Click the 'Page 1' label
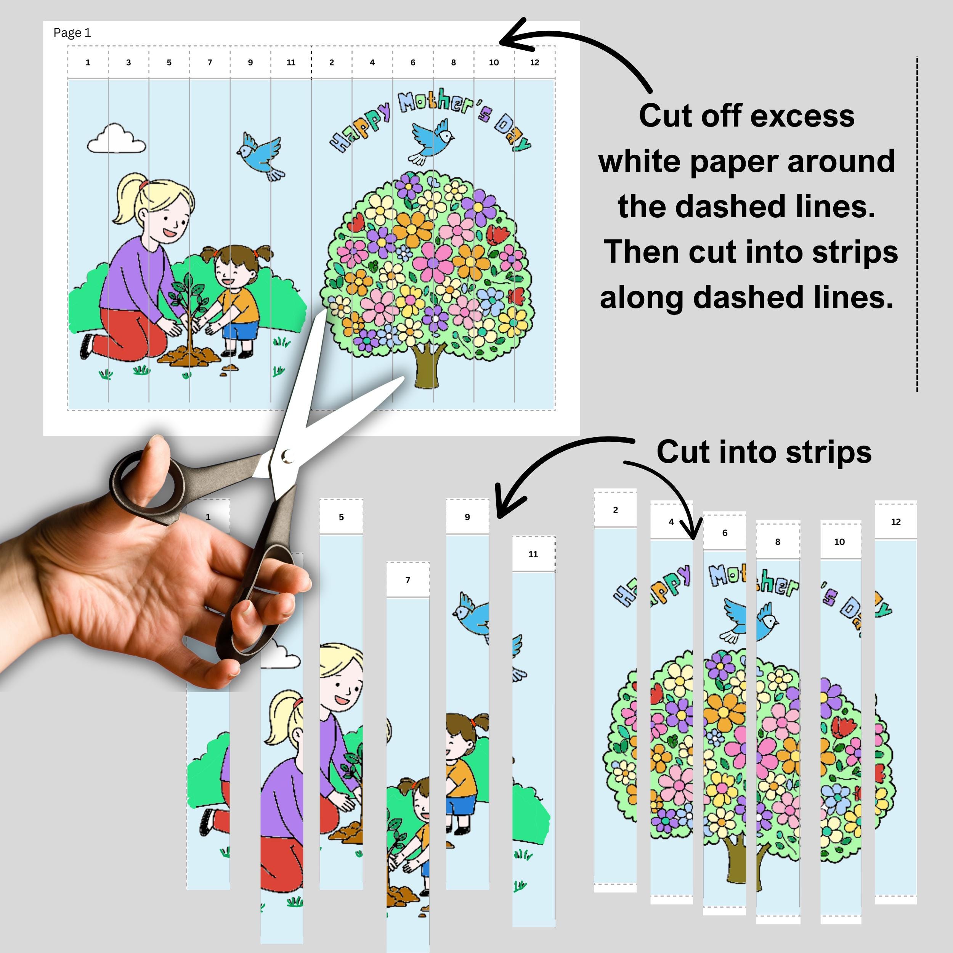coord(72,33)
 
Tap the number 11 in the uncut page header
coord(290,63)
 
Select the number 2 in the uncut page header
coord(332,63)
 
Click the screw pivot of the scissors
coord(287,456)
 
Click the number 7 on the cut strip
coord(408,580)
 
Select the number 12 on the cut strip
coord(896,522)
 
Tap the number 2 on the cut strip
coord(615,510)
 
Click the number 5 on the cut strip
coord(341,517)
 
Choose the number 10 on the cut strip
coord(839,542)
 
